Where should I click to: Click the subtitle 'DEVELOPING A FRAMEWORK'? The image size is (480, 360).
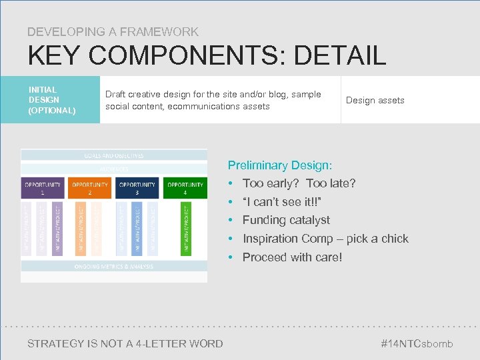pyautogui.click(x=113, y=31)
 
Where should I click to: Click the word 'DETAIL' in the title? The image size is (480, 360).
pyautogui.click(x=339, y=55)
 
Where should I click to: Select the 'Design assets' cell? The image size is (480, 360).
pyautogui.click(x=375, y=100)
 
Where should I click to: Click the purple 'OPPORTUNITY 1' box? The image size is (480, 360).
pyautogui.click(x=43, y=188)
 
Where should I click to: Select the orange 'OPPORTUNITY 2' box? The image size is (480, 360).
pyautogui.click(x=89, y=188)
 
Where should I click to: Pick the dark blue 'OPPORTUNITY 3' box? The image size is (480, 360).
pyautogui.click(x=137, y=188)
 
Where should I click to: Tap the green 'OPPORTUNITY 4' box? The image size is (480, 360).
pyautogui.click(x=185, y=188)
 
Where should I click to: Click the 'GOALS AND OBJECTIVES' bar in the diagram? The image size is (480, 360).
pyautogui.click(x=113, y=155)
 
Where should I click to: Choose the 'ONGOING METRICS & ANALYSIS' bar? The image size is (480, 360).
pyautogui.click(x=113, y=267)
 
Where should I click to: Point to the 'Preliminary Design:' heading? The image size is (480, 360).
pyautogui.click(x=280, y=165)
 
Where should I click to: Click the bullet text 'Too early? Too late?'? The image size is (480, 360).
pyautogui.click(x=299, y=183)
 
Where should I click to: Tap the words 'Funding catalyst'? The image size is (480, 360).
pyautogui.click(x=286, y=220)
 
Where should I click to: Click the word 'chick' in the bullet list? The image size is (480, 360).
pyautogui.click(x=394, y=239)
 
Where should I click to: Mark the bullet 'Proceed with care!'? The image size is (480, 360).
pyautogui.click(x=292, y=257)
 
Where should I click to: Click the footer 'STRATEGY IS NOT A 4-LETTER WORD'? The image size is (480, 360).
pyautogui.click(x=125, y=343)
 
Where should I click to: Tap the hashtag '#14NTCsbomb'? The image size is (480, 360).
pyautogui.click(x=416, y=343)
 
